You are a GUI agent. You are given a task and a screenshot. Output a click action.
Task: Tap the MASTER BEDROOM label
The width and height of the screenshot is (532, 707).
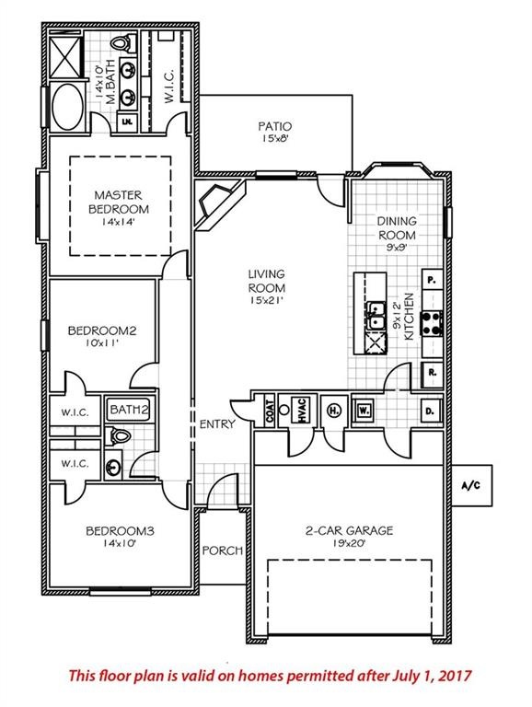(119, 202)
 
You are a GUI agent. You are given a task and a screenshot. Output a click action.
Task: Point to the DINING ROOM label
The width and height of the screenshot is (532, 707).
(397, 227)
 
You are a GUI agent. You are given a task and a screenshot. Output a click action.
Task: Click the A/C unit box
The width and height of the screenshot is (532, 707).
(470, 484)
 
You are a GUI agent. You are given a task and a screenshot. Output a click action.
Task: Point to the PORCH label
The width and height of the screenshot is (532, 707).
(222, 551)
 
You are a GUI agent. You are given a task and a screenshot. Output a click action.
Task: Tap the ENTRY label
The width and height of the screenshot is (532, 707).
(217, 424)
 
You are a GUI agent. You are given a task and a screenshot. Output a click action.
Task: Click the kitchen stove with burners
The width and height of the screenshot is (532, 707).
(432, 323)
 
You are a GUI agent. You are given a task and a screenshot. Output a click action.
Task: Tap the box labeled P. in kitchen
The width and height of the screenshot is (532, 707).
(431, 278)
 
